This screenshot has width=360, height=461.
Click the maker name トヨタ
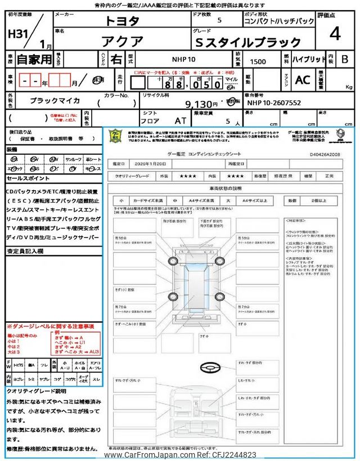(121, 21)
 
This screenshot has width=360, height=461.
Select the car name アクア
(121, 41)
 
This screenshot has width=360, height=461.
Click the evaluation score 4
(335, 34)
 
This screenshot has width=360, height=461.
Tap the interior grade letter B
(345, 59)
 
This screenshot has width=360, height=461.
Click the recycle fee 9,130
(197, 104)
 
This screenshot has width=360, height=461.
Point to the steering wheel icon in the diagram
(211, 367)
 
